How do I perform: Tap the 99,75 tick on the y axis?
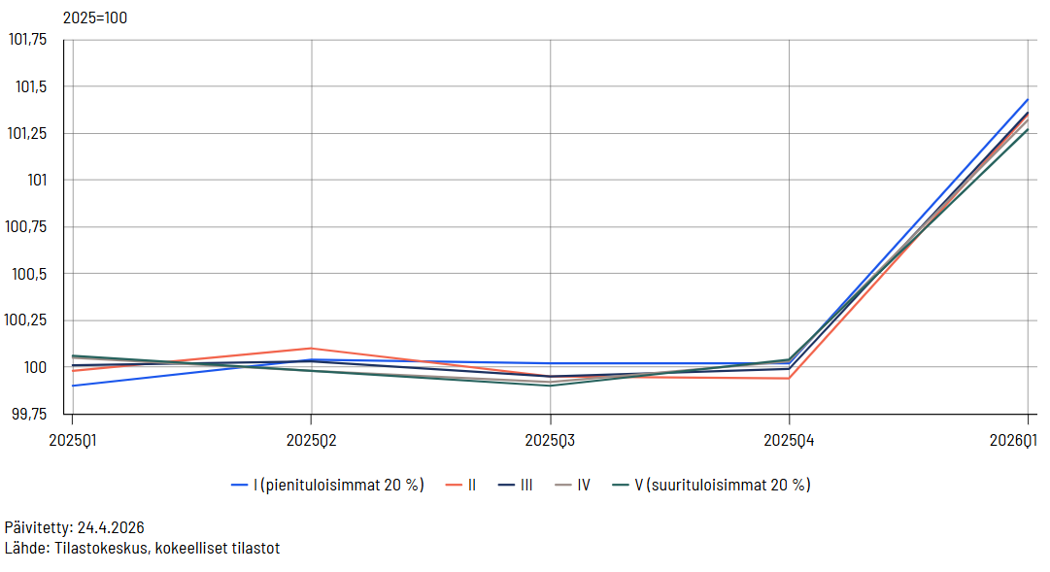[28, 414]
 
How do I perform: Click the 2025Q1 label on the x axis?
[73, 440]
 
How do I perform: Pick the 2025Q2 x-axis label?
[311, 440]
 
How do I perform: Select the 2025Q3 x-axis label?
[550, 440]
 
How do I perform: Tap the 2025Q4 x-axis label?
[789, 440]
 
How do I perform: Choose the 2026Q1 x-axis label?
[1026, 440]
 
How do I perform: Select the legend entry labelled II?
[471, 485]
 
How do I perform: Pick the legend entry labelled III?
[525, 485]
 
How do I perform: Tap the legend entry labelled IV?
[583, 485]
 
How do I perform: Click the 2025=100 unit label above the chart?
[95, 17]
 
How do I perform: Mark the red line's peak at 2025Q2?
[311, 348]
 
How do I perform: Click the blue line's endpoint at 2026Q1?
[1028, 99]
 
